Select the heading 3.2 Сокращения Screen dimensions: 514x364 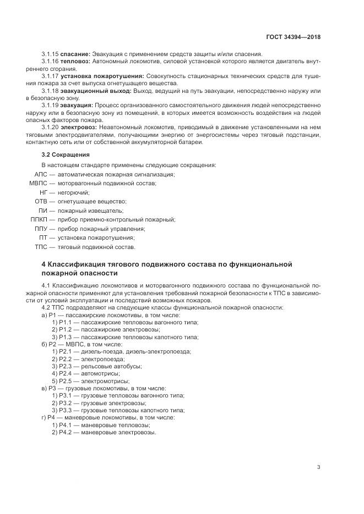tap(65, 154)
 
